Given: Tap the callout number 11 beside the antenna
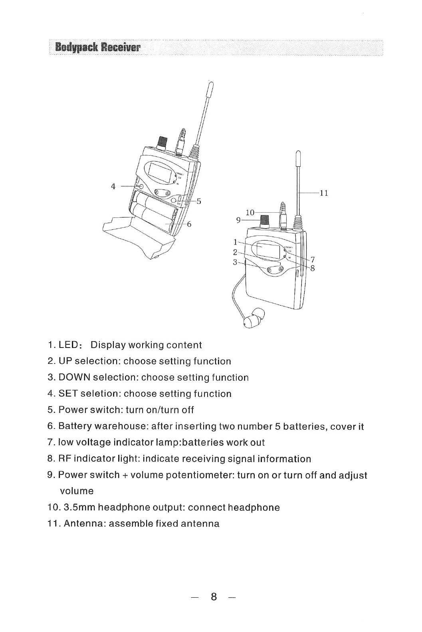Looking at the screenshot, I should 324,193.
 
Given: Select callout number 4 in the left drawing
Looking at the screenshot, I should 113,186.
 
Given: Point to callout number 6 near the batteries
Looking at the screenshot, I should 189,224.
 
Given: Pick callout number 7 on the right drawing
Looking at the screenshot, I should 313,259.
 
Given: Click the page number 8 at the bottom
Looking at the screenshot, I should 214,597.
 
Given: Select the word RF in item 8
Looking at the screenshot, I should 65,459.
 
